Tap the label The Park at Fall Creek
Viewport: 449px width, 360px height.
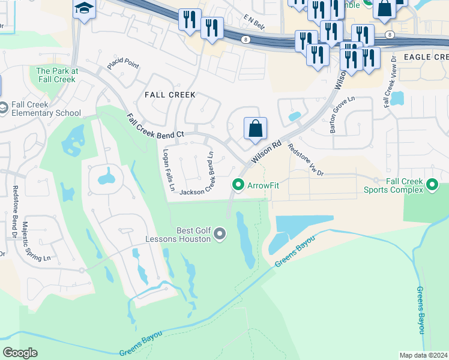pyautogui.click(x=58, y=75)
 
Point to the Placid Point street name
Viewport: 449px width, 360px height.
pyautogui.click(x=123, y=64)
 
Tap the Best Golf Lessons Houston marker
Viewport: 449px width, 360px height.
pyautogui.click(x=219, y=233)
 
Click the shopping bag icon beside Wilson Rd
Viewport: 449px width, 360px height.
pyautogui.click(x=255, y=128)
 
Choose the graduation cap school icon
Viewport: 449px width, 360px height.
pyautogui.click(x=85, y=8)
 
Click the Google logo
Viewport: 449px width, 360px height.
pyautogui.click(x=20, y=353)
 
